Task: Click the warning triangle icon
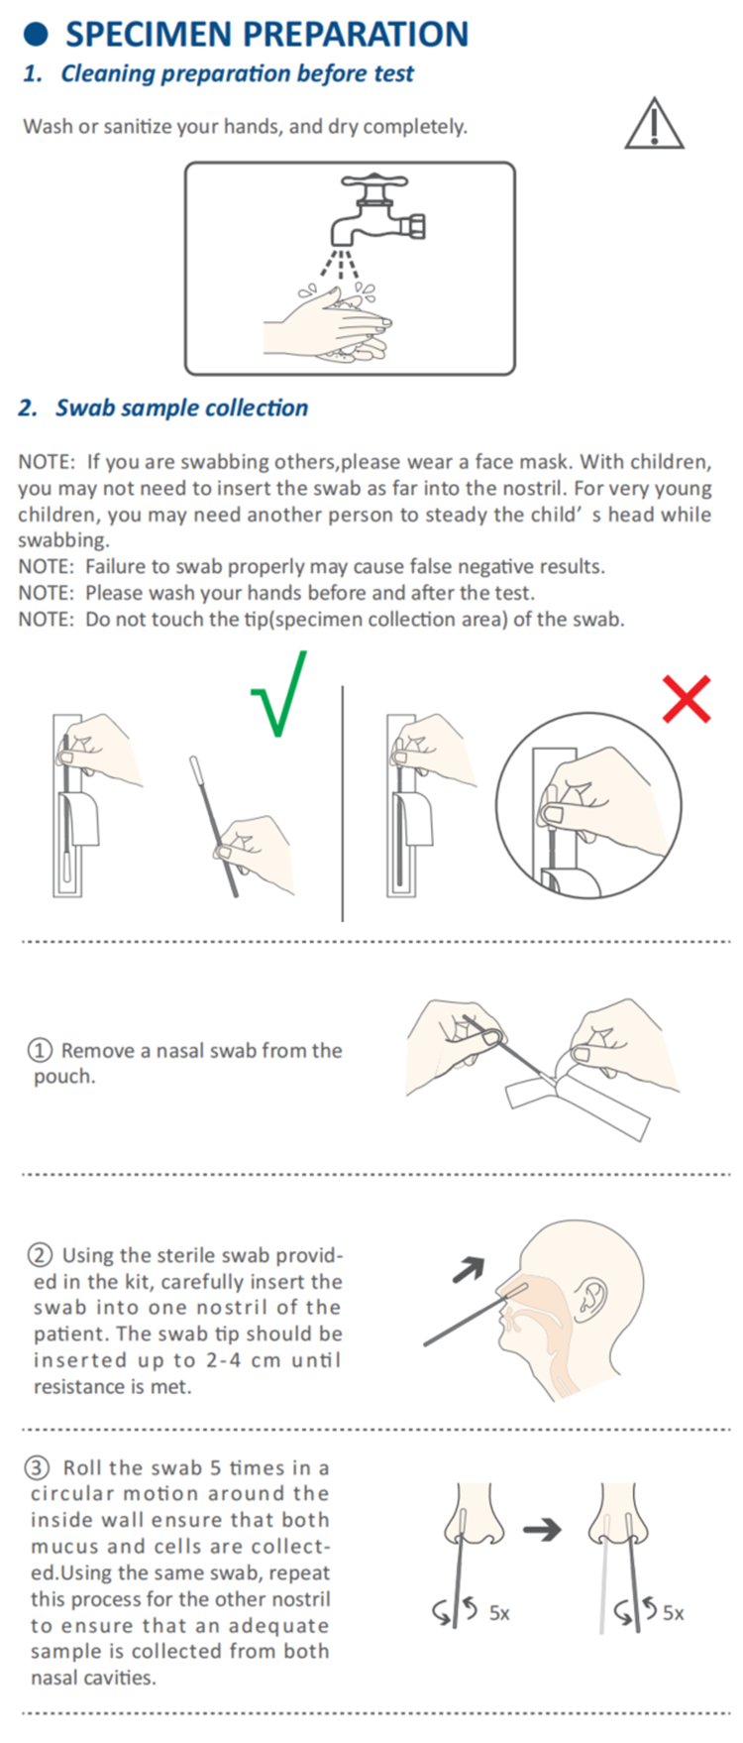point(654,124)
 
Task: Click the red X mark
point(687,699)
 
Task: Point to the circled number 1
point(41,1051)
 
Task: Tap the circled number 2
point(41,1255)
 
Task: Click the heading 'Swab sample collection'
point(181,407)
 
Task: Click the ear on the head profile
point(594,1294)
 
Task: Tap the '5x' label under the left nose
point(499,1613)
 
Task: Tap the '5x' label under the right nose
point(673,1613)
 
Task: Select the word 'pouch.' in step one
point(64,1078)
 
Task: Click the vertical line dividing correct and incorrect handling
point(343,803)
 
